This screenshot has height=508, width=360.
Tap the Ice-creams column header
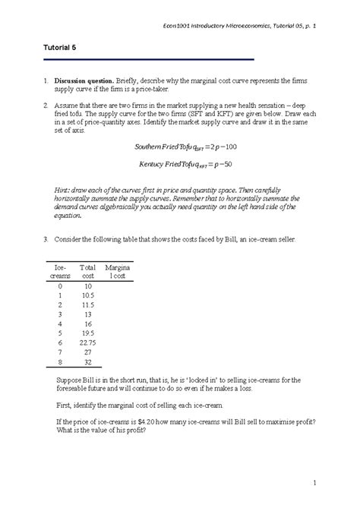point(61,272)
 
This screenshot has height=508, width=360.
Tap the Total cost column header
point(88,272)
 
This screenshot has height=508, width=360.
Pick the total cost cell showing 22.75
point(87,342)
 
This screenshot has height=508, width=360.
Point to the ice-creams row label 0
point(60,285)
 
